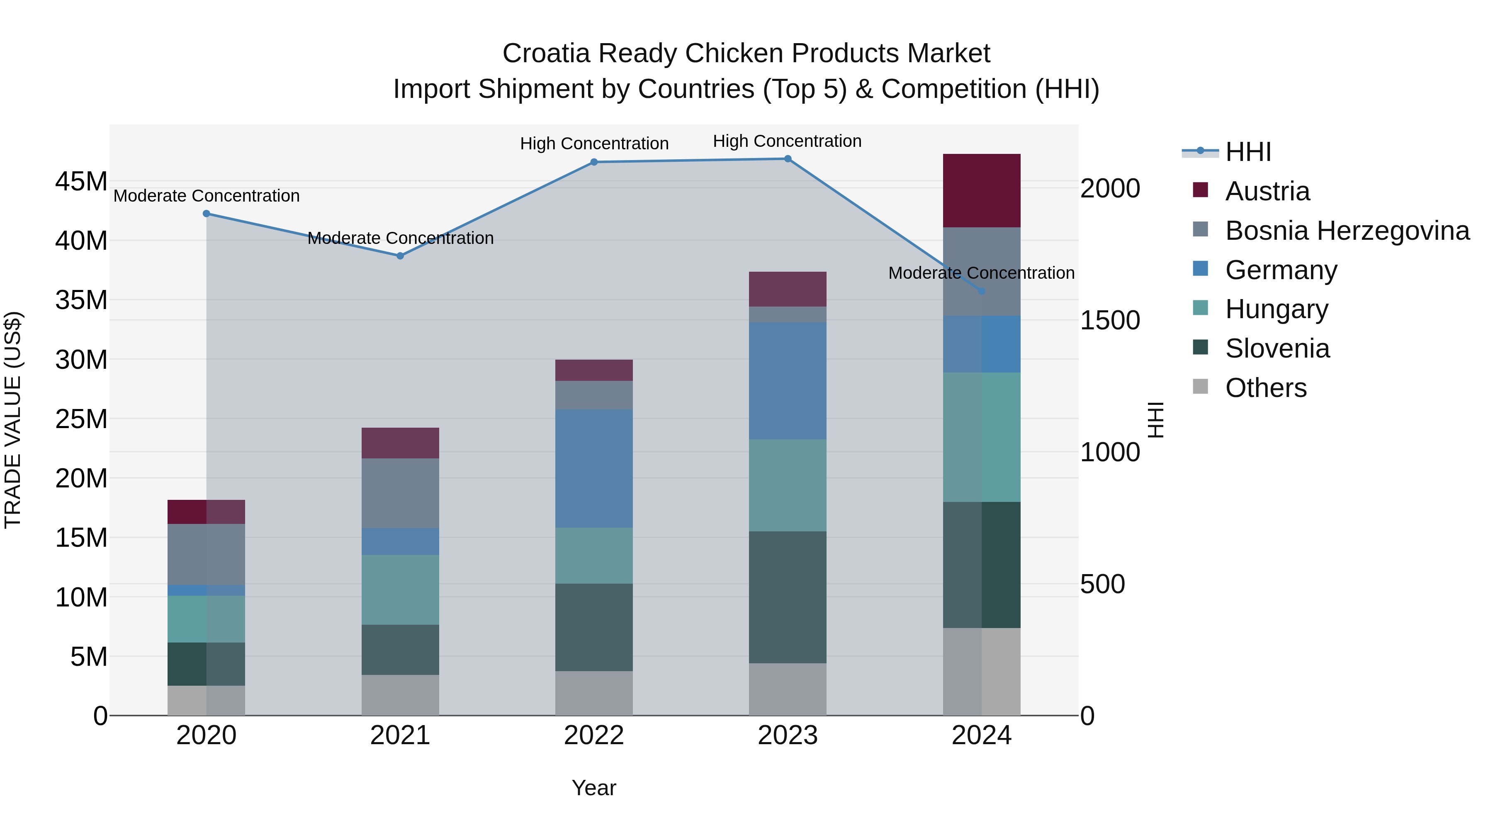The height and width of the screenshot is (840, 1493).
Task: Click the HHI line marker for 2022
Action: click(593, 162)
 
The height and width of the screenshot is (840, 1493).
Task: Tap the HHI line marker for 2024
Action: click(981, 292)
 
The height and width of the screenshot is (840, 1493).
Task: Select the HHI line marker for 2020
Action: click(207, 214)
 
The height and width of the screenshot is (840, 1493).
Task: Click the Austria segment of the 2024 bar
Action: click(981, 191)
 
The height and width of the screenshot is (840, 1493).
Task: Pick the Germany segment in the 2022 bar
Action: click(593, 468)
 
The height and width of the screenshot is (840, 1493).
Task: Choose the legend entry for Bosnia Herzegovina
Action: click(1347, 231)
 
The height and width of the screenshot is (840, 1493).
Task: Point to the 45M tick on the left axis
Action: click(81, 181)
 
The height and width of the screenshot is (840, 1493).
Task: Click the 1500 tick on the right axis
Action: click(1110, 321)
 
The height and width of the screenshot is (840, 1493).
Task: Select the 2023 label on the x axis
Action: click(787, 735)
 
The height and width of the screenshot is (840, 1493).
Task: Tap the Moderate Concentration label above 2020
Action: click(207, 196)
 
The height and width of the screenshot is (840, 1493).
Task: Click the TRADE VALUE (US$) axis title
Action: click(13, 420)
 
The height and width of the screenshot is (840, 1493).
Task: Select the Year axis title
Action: click(593, 788)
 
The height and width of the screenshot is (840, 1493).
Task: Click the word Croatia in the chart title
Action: click(546, 54)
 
